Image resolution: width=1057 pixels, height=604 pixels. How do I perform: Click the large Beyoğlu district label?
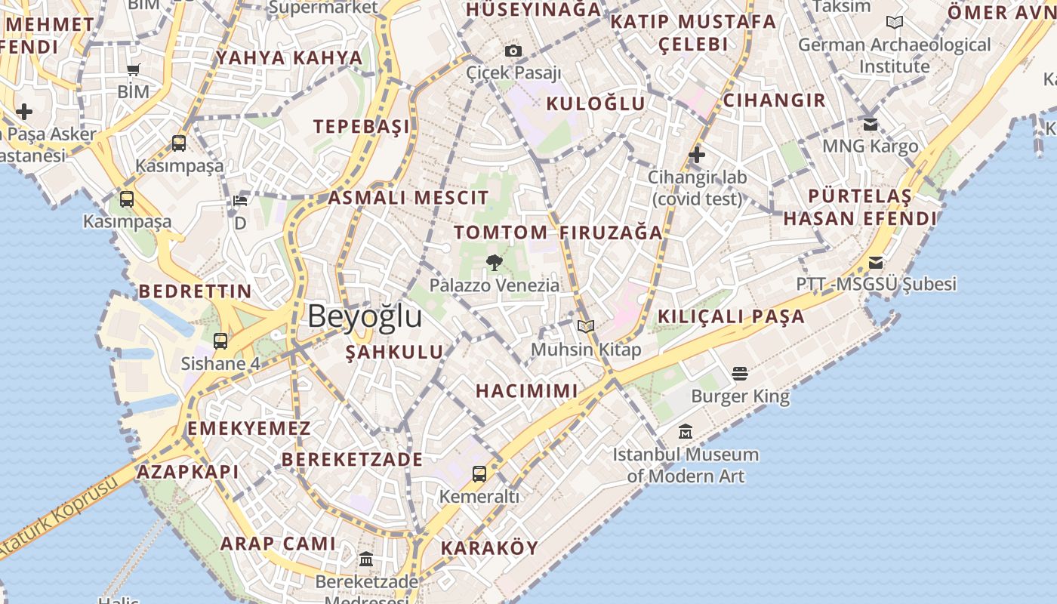(365, 316)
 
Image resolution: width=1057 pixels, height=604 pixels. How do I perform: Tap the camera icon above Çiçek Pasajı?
(513, 51)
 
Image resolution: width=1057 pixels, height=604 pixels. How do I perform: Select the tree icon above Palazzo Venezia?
(495, 263)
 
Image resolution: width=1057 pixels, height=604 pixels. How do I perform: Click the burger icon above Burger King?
(740, 373)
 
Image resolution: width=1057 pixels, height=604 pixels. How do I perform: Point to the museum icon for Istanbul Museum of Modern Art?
(686, 432)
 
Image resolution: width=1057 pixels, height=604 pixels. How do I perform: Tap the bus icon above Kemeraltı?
(479, 474)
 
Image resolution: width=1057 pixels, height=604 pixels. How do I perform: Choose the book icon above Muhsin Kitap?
(586, 326)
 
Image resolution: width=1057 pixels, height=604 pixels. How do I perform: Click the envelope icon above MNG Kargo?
(871, 124)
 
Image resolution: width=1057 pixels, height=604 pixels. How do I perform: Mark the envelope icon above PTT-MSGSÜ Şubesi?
(876, 263)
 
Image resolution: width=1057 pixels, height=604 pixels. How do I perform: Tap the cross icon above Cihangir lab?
(697, 156)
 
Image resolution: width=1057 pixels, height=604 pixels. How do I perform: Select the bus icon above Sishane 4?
(220, 341)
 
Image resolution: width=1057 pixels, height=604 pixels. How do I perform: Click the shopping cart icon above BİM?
(134, 70)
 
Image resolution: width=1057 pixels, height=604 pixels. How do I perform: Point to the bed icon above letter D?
(240, 201)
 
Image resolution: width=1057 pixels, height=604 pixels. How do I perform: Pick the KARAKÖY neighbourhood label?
(489, 548)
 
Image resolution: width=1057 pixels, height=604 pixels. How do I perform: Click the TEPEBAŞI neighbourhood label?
(362, 126)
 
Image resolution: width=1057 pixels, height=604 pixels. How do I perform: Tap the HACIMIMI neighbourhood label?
(527, 391)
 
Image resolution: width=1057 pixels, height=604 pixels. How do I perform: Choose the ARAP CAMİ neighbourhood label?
(278, 544)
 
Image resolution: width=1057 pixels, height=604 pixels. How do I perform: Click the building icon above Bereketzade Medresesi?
(366, 559)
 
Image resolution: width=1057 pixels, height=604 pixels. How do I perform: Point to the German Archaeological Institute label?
(895, 55)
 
